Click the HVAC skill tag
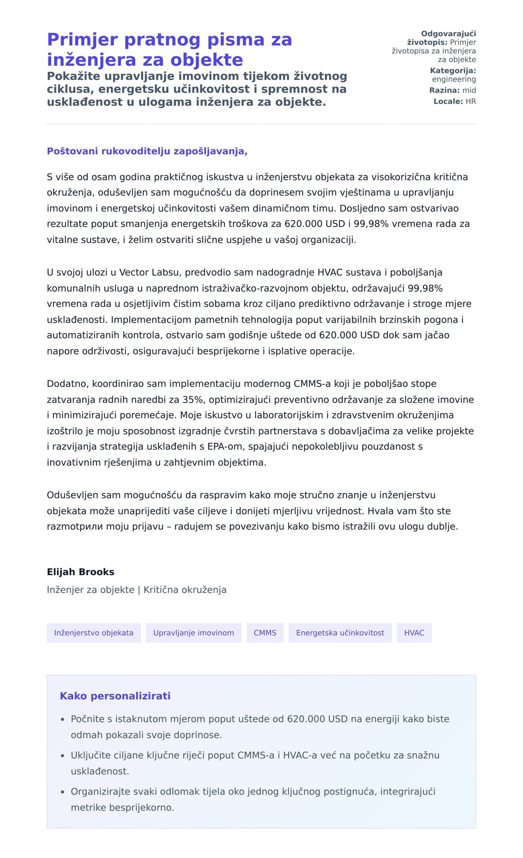(x=414, y=633)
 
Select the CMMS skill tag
(x=265, y=633)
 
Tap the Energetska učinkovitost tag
(x=340, y=633)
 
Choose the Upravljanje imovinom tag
(x=194, y=633)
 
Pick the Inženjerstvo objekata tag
(x=94, y=633)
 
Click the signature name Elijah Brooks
(x=81, y=572)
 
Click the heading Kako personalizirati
(x=115, y=696)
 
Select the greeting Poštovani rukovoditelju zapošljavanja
(x=147, y=151)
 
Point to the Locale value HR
(x=471, y=102)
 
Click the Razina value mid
(x=469, y=90)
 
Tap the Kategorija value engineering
(x=454, y=79)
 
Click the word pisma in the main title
(x=236, y=40)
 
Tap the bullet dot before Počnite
(x=63, y=719)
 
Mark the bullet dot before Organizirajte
(x=63, y=792)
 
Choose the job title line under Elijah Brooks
(x=136, y=590)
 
